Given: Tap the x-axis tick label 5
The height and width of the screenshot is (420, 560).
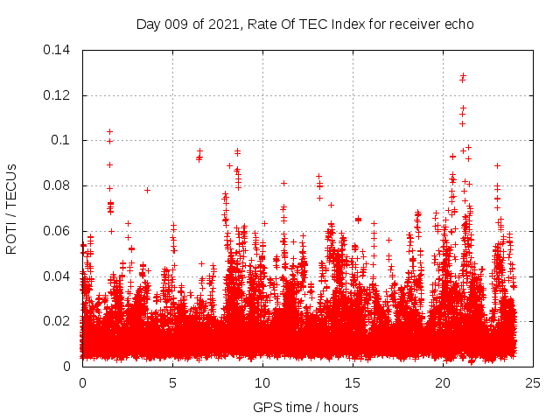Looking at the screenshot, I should (x=172, y=382).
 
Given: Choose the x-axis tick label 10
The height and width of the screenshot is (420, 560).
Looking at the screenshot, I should (x=262, y=382).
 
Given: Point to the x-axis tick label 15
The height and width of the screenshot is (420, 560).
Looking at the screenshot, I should (x=353, y=382).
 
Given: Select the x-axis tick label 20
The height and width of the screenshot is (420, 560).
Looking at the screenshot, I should (x=443, y=382).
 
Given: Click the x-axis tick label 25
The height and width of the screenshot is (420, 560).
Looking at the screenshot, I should (x=533, y=382).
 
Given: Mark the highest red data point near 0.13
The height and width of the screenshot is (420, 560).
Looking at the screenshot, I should (x=463, y=75).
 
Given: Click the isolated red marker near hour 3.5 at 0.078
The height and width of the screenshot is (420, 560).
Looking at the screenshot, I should (x=147, y=190).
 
